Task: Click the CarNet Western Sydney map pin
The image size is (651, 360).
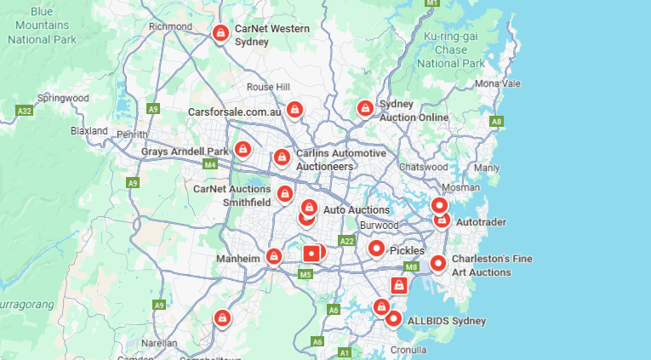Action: [220, 33]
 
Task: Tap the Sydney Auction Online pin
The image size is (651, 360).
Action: [364, 109]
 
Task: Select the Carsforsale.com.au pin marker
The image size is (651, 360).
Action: [294, 110]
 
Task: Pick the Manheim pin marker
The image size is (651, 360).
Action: [273, 255]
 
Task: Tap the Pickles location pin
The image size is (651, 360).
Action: [376, 249]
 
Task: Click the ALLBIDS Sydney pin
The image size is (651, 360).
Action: [393, 318]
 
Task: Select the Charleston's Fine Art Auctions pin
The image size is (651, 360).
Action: [437, 264]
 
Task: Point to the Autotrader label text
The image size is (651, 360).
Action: [481, 222]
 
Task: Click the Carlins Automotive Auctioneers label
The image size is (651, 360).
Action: [340, 160]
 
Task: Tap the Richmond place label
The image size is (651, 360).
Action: [170, 26]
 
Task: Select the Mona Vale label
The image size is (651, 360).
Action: [498, 83]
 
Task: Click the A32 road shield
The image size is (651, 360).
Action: [25, 111]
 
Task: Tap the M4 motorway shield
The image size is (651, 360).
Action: [210, 163]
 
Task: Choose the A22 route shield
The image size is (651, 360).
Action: [346, 241]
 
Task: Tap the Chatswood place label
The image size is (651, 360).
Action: [423, 167]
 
